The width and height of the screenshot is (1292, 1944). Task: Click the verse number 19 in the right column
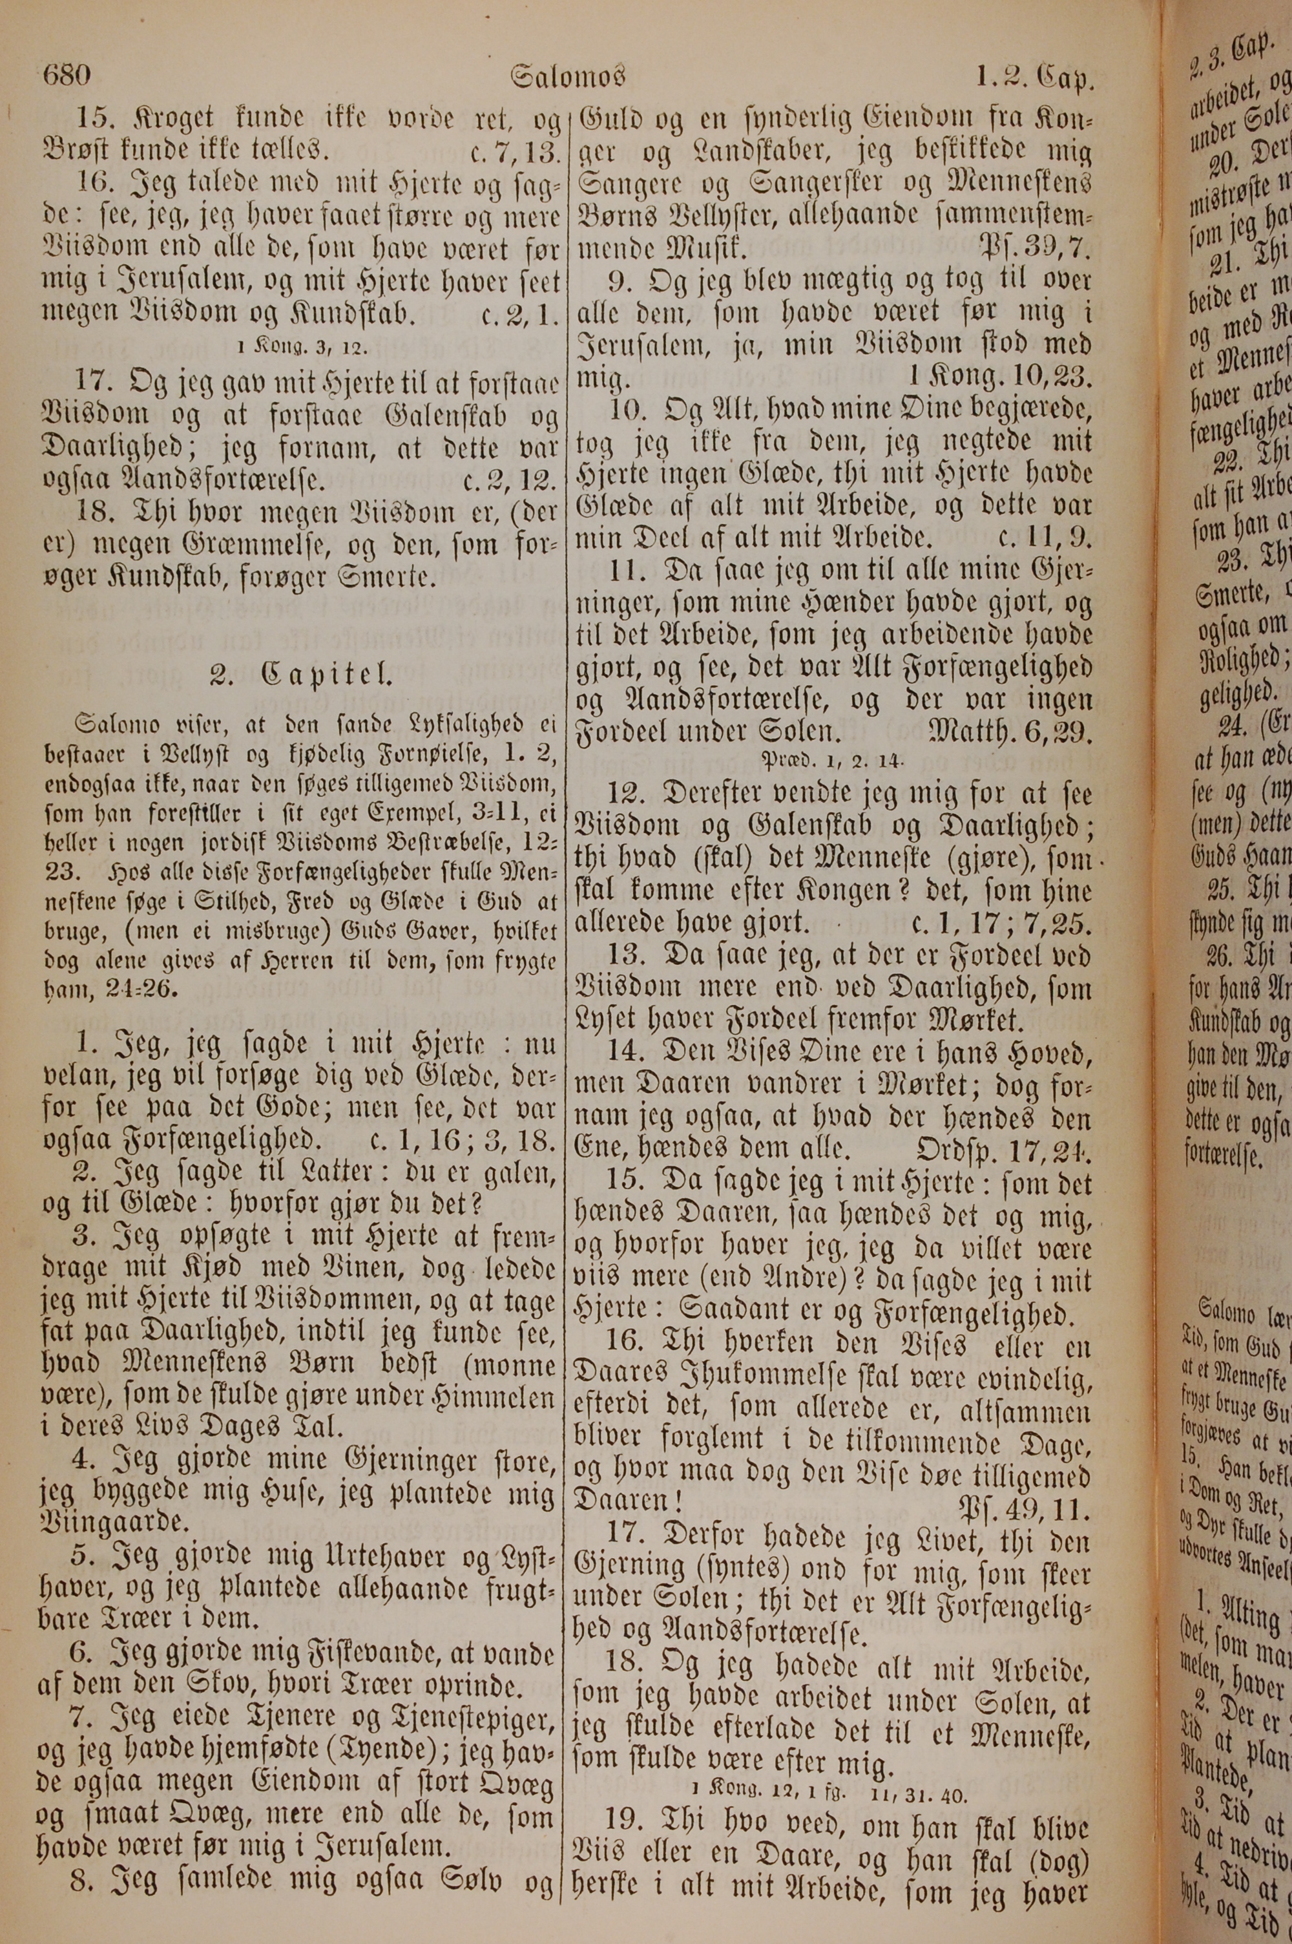point(622,1882)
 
